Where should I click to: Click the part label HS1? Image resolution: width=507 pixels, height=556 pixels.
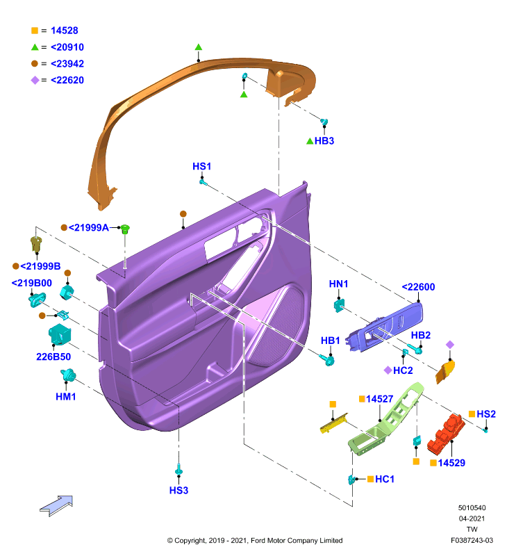[x=201, y=166]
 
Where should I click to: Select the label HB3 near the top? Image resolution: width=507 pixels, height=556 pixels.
[x=324, y=141]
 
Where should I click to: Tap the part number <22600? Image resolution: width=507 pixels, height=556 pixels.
[x=418, y=287]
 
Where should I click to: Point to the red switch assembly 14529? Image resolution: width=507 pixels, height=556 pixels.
[x=446, y=434]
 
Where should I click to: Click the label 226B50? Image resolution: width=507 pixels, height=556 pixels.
[x=53, y=357]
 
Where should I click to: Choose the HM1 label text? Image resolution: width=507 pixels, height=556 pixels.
[x=66, y=397]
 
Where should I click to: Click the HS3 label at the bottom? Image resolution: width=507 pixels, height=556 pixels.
[x=178, y=491]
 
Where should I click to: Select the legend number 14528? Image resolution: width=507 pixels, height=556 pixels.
[x=65, y=31]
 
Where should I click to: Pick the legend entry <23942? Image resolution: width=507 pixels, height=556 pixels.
[x=67, y=64]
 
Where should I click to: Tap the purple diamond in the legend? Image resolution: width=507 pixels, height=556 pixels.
[x=35, y=80]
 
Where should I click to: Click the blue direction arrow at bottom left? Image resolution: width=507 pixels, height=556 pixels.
[x=56, y=506]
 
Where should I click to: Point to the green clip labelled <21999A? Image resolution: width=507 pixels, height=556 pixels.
[x=125, y=229]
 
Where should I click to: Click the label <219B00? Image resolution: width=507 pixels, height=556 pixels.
[x=31, y=283]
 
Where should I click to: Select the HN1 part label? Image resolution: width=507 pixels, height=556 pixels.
[x=338, y=284]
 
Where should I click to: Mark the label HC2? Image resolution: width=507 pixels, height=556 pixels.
[x=403, y=370]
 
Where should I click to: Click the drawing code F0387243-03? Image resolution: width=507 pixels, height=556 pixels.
[x=472, y=541]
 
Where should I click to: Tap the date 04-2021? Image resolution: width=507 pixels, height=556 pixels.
[x=472, y=518]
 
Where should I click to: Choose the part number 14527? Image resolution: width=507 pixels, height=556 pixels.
[x=379, y=399]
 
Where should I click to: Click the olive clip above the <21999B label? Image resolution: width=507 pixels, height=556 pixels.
[x=36, y=245]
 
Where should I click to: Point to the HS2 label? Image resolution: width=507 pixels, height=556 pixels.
[x=486, y=414]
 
